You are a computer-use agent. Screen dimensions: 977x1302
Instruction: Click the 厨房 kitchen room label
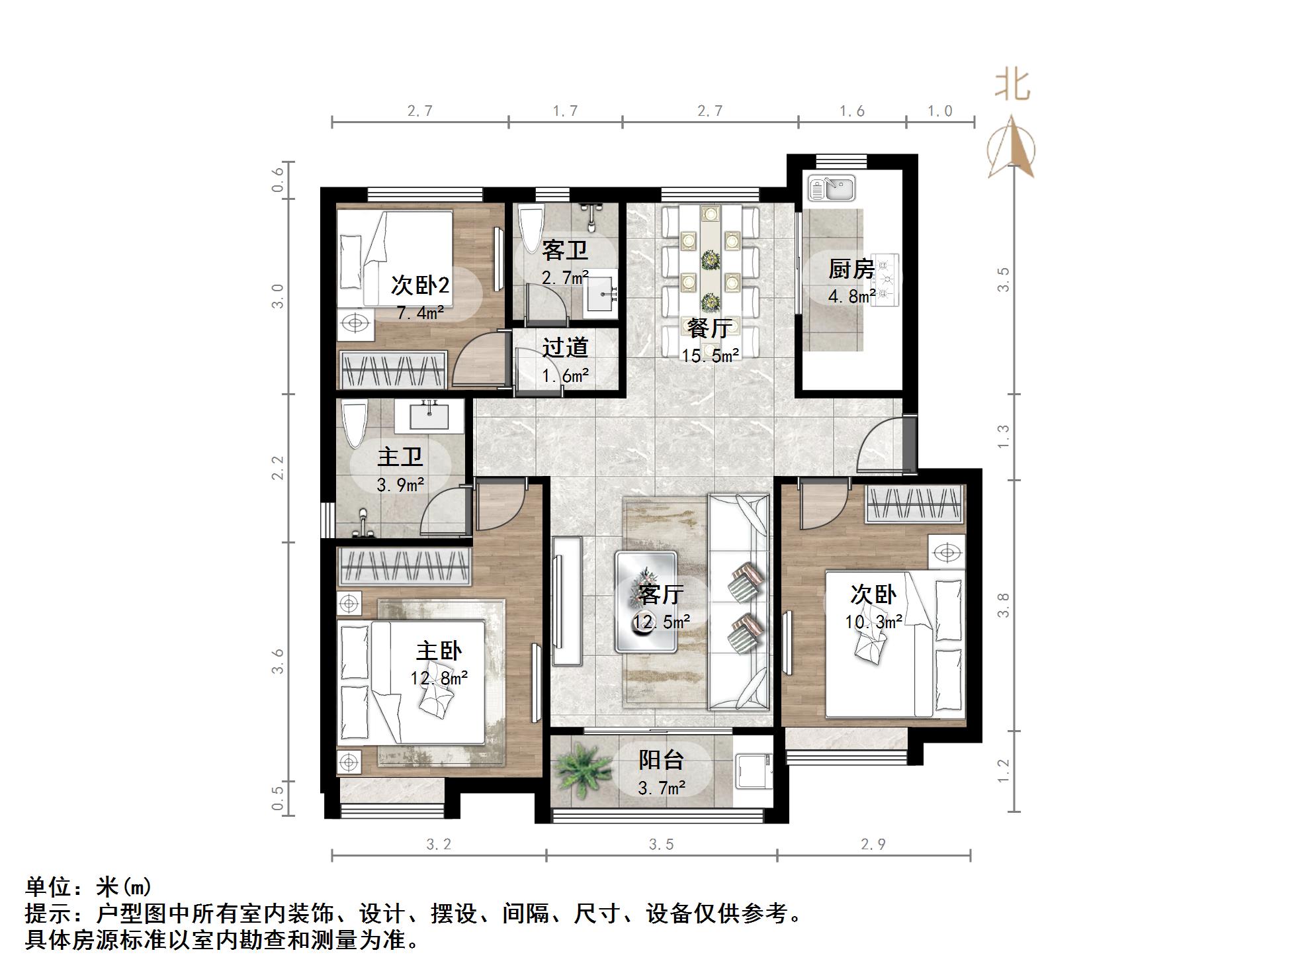(x=851, y=269)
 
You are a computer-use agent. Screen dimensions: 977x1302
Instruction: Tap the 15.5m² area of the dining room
(x=710, y=356)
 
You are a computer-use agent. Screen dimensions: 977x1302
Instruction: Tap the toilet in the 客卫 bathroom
(x=530, y=228)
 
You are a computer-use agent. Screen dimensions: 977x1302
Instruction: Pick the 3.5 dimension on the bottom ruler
(x=661, y=844)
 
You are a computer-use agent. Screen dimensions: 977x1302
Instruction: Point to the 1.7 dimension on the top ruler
(x=565, y=111)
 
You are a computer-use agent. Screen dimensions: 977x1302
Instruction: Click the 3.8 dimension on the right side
(x=1004, y=605)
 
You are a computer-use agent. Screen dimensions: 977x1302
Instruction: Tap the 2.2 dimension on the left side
(x=278, y=467)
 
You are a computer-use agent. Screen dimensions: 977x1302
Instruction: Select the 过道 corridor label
(x=565, y=348)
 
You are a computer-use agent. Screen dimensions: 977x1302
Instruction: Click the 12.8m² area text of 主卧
(x=439, y=678)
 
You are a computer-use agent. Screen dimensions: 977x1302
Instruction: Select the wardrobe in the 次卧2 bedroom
(x=393, y=370)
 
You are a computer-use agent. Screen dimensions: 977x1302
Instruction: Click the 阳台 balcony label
(x=660, y=760)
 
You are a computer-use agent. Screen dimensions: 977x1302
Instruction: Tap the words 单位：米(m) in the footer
(x=89, y=886)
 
